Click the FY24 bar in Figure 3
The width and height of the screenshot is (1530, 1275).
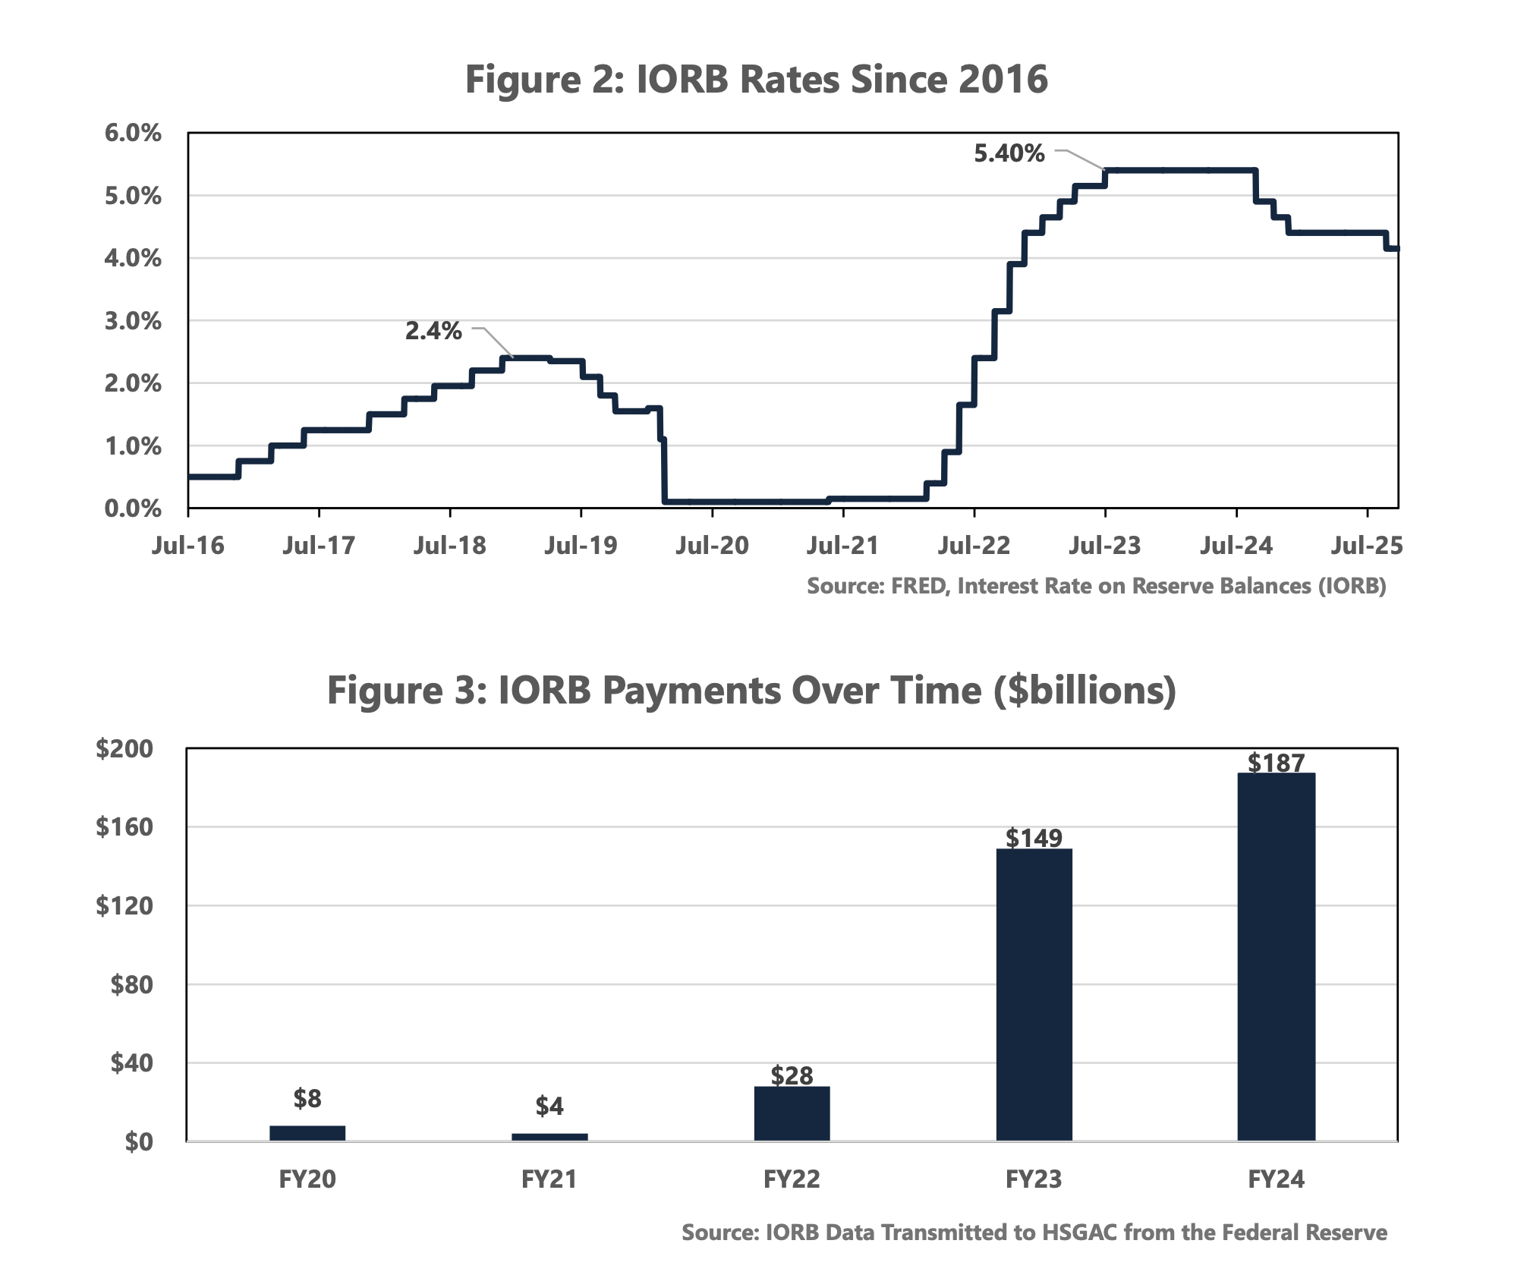(x=1276, y=956)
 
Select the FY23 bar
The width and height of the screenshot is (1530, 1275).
(x=1034, y=994)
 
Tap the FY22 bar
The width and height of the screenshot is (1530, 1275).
(x=792, y=1113)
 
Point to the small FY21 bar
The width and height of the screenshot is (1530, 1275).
(x=549, y=1136)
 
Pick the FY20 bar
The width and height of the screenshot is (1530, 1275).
(x=307, y=1132)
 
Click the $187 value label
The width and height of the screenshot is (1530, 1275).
(x=1277, y=763)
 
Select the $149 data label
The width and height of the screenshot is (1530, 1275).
(x=1034, y=838)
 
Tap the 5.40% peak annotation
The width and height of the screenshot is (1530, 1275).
(x=1009, y=154)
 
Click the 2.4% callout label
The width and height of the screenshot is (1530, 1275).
(x=433, y=331)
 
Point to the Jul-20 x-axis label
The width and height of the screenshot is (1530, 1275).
(x=712, y=546)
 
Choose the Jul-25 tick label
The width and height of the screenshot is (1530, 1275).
(x=1367, y=546)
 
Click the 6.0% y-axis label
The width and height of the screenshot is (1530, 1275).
(x=134, y=134)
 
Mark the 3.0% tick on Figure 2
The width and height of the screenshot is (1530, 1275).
(x=134, y=321)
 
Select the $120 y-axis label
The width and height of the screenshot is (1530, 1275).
(x=124, y=905)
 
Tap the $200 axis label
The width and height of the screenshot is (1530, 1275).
(x=124, y=749)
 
